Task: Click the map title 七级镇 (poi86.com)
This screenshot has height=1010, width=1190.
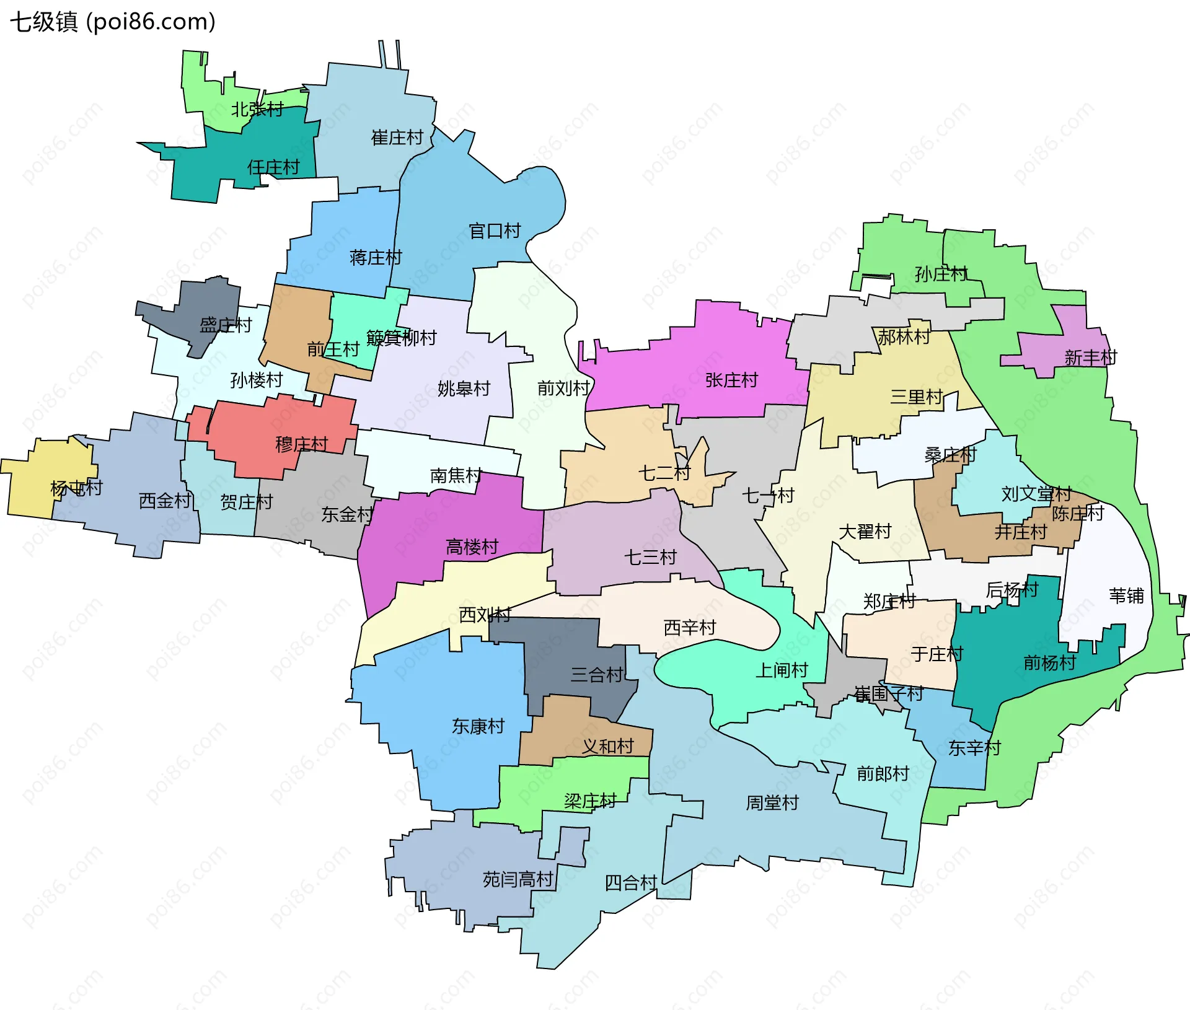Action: (x=112, y=22)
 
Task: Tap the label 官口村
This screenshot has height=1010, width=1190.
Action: (x=495, y=231)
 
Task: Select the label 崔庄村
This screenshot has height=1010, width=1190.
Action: (x=397, y=138)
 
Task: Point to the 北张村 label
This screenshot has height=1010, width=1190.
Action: (x=257, y=110)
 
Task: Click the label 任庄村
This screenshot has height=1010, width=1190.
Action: (x=273, y=167)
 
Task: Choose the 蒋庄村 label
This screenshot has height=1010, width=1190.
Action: (x=376, y=258)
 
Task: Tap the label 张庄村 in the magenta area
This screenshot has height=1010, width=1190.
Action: (x=731, y=380)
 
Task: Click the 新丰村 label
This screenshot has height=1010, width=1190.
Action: (x=1090, y=358)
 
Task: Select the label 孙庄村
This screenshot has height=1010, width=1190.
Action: (x=940, y=274)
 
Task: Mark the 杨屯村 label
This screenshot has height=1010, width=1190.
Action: (x=76, y=488)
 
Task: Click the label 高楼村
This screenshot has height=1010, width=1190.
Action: (x=472, y=547)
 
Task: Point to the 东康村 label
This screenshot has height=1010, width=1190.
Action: (x=478, y=726)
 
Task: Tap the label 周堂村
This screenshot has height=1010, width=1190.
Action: (x=772, y=803)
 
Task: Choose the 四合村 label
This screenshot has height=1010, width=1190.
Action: (x=630, y=883)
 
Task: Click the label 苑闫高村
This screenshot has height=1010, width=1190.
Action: (x=518, y=879)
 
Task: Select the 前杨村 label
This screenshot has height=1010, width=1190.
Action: (x=1049, y=663)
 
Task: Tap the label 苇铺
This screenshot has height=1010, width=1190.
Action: (x=1126, y=596)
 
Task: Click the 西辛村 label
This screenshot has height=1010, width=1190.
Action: (x=689, y=628)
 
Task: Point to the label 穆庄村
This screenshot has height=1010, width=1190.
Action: (x=301, y=444)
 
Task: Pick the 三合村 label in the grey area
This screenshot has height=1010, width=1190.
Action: (x=596, y=675)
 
